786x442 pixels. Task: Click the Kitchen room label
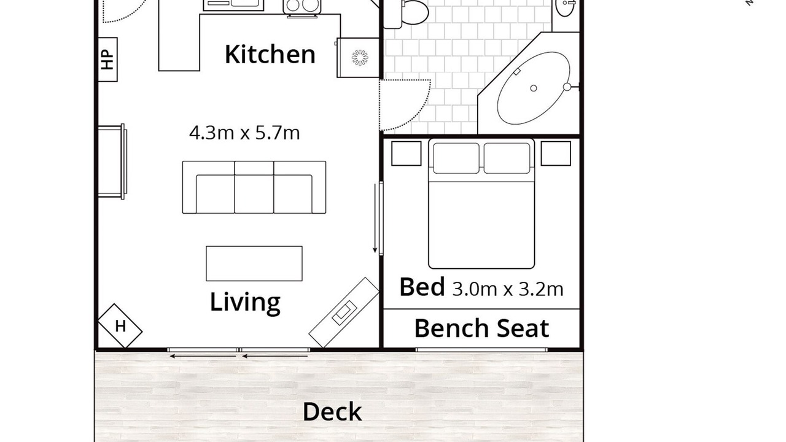point(270,55)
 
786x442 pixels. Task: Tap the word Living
point(245,302)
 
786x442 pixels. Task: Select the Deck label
point(332,412)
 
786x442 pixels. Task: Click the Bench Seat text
point(481,328)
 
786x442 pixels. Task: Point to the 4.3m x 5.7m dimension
point(244,133)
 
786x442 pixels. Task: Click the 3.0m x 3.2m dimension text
point(508,289)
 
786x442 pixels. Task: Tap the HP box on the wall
point(107,60)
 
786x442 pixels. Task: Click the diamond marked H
point(120,326)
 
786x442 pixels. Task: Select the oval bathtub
point(534,88)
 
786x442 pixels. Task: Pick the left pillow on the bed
point(456,158)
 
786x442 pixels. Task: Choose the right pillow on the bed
point(507,158)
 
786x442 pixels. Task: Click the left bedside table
point(407,153)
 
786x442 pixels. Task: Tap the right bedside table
point(556,153)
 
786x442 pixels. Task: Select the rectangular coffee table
point(254,263)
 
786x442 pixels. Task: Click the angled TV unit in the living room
point(344,312)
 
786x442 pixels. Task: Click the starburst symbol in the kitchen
point(360,58)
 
